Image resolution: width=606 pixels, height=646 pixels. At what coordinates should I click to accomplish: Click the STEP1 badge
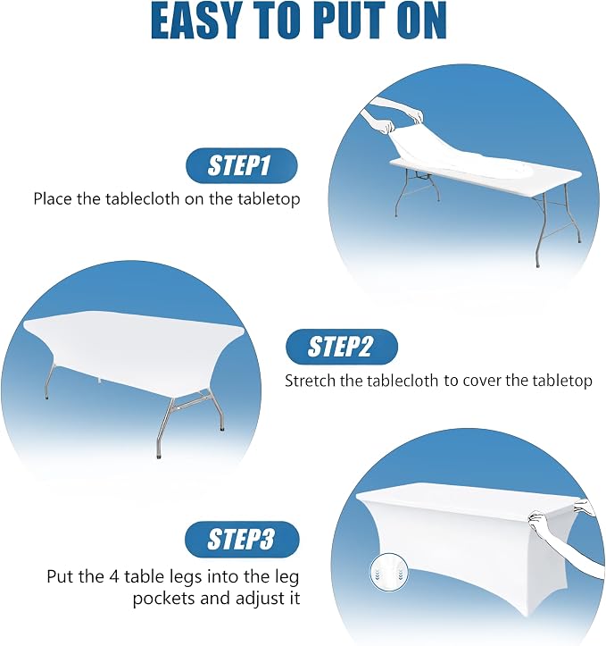[x=242, y=165]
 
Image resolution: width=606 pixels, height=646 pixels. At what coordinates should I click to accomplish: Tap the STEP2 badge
[x=342, y=347]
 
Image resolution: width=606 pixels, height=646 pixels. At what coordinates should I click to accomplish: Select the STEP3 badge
[x=242, y=539]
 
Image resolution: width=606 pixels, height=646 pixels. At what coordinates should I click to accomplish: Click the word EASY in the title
[x=195, y=21]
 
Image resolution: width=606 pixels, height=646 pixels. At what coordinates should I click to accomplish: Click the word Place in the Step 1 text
[x=53, y=199]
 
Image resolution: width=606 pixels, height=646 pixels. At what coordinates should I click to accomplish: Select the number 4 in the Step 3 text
[x=114, y=576]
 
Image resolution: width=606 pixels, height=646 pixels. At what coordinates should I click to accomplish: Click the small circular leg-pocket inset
[x=389, y=573]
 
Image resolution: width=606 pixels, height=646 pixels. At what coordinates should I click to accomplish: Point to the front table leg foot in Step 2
[x=159, y=456]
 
